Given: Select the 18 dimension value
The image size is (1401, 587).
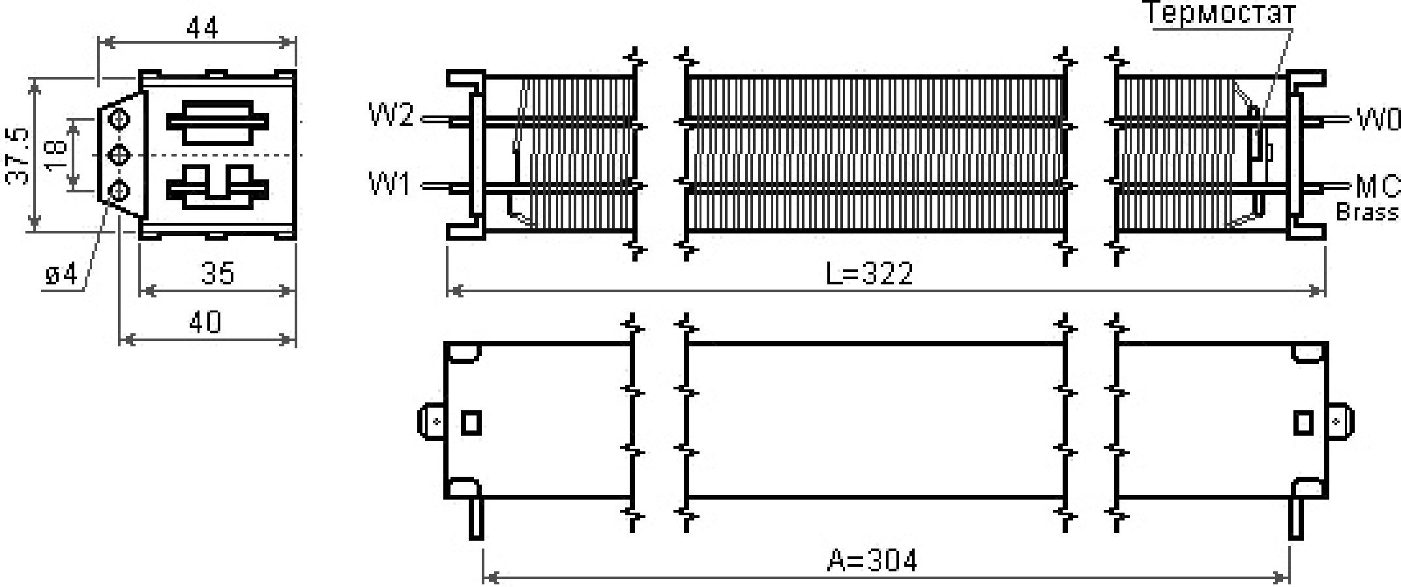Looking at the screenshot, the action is pyautogui.click(x=57, y=156).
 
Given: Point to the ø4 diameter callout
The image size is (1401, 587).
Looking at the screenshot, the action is pyautogui.click(x=62, y=275).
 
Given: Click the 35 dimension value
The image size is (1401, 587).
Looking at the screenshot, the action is pyautogui.click(x=218, y=273).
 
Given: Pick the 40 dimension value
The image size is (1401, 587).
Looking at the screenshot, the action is pyautogui.click(x=205, y=322).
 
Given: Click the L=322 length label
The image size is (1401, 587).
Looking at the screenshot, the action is pyautogui.click(x=870, y=273).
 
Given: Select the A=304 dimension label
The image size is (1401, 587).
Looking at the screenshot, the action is pyautogui.click(x=872, y=560).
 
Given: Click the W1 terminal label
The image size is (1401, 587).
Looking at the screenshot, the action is pyautogui.click(x=390, y=184).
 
